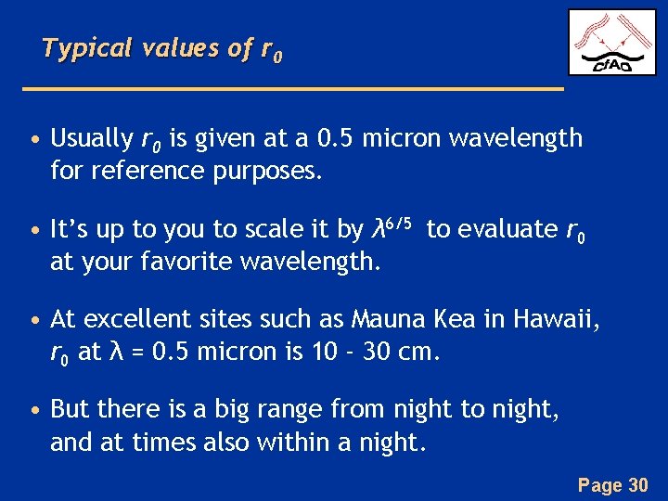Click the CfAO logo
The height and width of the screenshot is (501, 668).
click(x=611, y=43)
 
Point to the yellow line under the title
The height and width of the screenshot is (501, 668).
click(x=292, y=88)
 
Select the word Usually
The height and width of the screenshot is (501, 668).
click(x=92, y=139)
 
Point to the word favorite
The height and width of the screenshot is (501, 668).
click(x=188, y=262)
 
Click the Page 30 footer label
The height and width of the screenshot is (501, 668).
click(x=611, y=483)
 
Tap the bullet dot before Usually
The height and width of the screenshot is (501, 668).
click(x=34, y=141)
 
